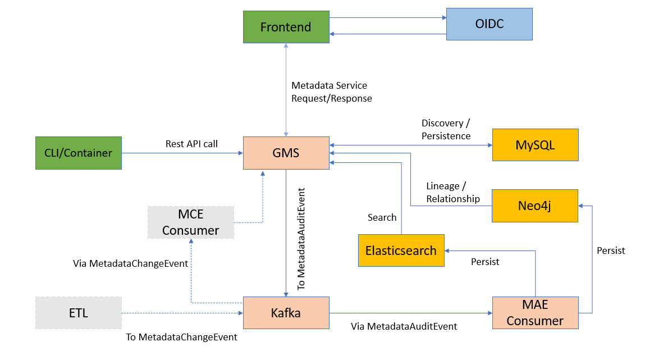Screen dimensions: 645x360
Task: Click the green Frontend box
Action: point(286,27)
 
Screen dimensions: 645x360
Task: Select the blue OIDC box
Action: point(489,24)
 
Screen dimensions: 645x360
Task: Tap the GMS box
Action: point(286,153)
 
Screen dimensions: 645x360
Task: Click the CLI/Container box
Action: point(79,153)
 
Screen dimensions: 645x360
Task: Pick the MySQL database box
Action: point(535,145)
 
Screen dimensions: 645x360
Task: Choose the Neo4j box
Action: point(535,206)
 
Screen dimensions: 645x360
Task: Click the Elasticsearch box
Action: point(401,250)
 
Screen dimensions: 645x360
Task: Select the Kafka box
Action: point(286,313)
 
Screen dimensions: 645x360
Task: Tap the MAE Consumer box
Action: point(535,313)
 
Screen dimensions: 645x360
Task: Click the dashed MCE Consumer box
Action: point(191,222)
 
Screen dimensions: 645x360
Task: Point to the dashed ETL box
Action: point(79,313)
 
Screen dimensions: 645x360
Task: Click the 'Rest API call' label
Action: point(191,144)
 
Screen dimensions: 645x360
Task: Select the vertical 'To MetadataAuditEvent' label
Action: point(301,239)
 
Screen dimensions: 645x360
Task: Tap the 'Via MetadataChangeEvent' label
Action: point(130,263)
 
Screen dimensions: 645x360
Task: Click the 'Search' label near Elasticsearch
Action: point(382,217)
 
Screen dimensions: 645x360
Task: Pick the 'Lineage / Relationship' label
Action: point(453,193)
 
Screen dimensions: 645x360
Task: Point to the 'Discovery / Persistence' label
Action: point(446,130)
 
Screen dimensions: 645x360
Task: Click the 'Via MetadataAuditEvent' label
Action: point(404,326)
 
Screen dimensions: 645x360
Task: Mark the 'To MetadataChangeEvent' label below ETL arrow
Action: point(181,337)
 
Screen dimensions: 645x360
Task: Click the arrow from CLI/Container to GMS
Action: point(182,153)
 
